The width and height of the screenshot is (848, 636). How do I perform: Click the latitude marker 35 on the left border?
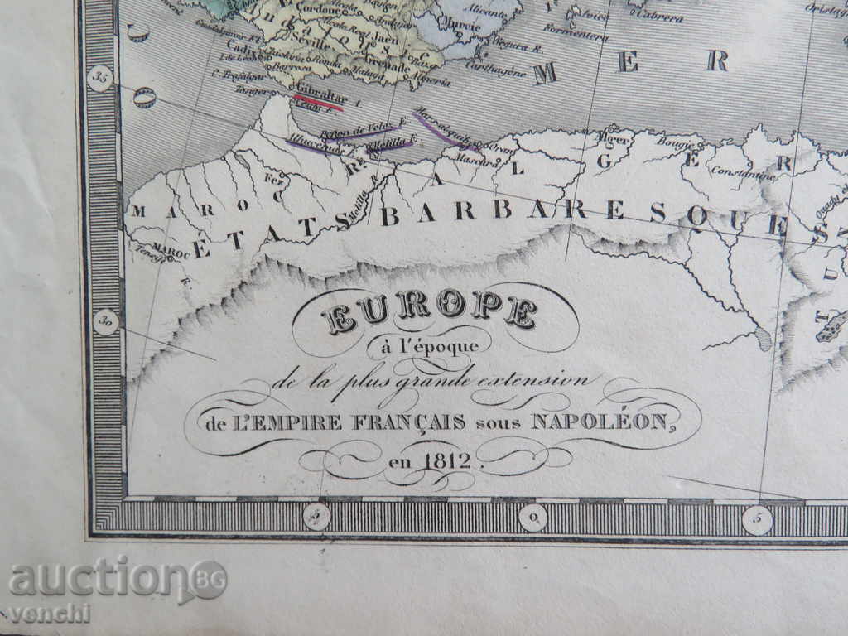[x=102, y=79]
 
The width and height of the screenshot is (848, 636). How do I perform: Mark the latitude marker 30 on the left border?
[x=105, y=321]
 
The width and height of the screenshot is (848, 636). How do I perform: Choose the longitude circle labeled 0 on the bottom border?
[x=533, y=518]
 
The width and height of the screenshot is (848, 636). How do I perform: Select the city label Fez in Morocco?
[x=272, y=177]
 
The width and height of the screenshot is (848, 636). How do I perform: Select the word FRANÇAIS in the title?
[x=397, y=422]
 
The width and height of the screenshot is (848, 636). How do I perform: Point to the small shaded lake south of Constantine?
[x=763, y=339]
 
